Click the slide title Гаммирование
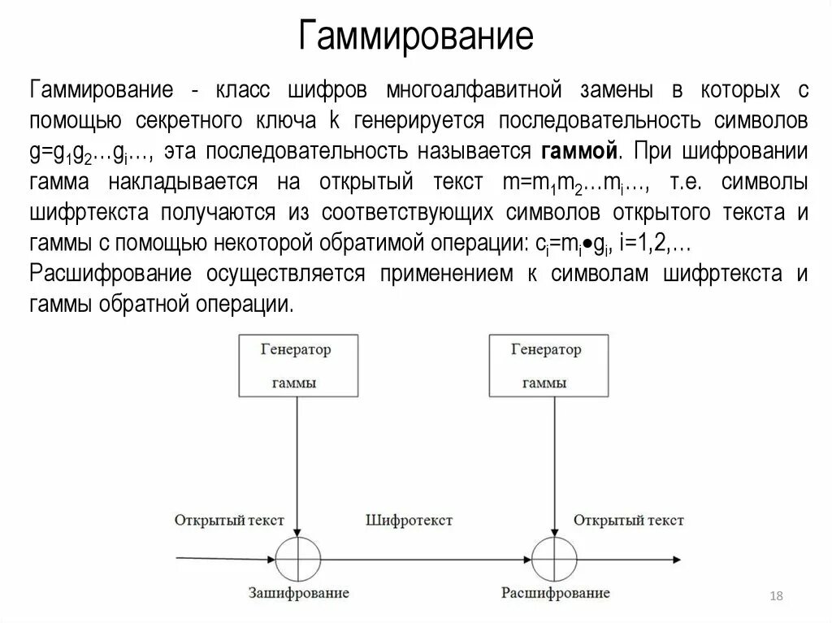[x=415, y=37]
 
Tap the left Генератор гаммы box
[x=297, y=366]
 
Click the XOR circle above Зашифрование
[x=297, y=560]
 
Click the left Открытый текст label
[x=229, y=520]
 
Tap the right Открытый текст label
[x=628, y=520]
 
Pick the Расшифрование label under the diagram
[x=556, y=592]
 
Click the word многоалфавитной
[x=474, y=89]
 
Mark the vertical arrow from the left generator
[x=297, y=467]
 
